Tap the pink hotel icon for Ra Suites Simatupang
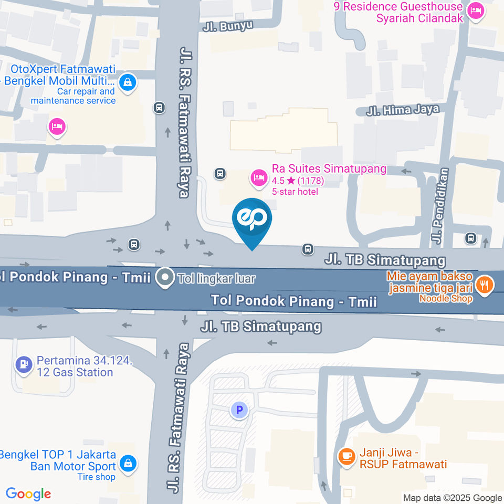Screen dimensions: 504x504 click(x=258, y=177)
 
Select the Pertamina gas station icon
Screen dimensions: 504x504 click(x=23, y=363)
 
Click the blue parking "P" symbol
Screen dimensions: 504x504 click(x=239, y=410)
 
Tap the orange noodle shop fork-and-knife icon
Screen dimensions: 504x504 click(x=485, y=285)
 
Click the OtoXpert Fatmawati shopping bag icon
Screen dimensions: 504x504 click(x=128, y=82)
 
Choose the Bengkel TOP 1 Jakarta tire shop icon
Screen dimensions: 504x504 click(x=128, y=464)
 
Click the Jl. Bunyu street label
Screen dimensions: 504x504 click(x=228, y=25)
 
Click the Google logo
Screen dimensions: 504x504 click(x=28, y=493)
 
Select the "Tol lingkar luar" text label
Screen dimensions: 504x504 click(x=216, y=278)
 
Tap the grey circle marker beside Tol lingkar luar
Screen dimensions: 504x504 click(x=166, y=278)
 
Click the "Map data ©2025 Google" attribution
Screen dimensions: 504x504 click(x=453, y=498)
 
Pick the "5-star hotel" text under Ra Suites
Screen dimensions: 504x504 click(x=295, y=192)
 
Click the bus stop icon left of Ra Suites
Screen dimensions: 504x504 click(x=220, y=173)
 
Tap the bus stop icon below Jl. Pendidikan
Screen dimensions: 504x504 click(x=471, y=239)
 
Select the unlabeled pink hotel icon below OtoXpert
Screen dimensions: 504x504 click(x=56, y=127)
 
